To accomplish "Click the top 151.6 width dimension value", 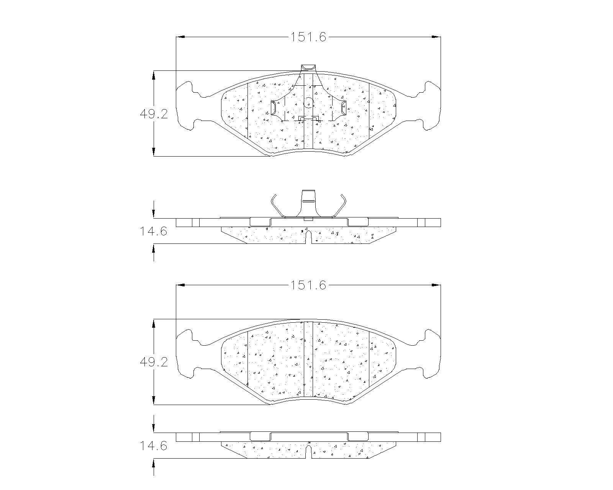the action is click(x=308, y=37).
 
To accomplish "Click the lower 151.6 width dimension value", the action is click(x=308, y=285).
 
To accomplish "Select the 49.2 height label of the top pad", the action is click(x=154, y=114).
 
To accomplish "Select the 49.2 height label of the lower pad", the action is click(x=154, y=362).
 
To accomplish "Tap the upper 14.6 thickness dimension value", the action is click(x=153, y=231).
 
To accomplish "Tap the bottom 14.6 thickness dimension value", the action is click(x=153, y=446).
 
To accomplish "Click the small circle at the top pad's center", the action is click(x=308, y=103).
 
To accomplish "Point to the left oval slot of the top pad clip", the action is click(x=273, y=108).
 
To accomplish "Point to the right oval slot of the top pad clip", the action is click(x=344, y=108).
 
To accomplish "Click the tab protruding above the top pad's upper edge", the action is click(x=308, y=68).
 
